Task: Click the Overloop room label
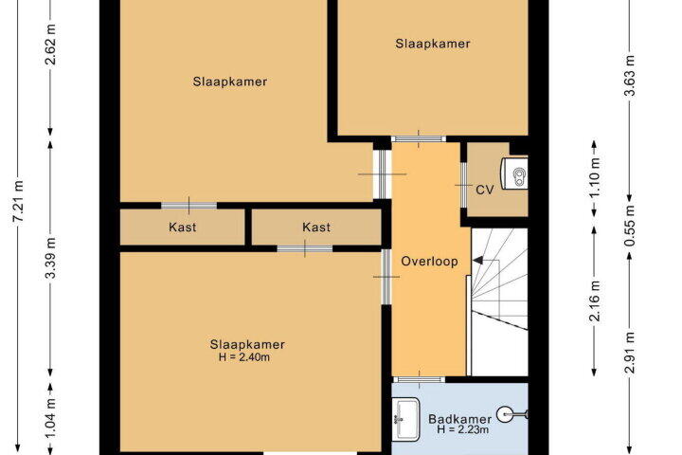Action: (x=429, y=262)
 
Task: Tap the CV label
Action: (x=485, y=190)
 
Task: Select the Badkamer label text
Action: (x=460, y=419)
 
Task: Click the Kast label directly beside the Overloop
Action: (x=316, y=227)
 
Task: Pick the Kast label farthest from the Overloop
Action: (x=183, y=227)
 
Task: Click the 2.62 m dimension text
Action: (x=51, y=44)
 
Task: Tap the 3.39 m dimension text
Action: (x=51, y=258)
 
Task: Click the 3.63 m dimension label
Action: (x=631, y=75)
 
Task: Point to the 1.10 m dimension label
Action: (x=595, y=176)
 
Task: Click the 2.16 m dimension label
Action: (x=595, y=300)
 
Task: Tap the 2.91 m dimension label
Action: (x=631, y=352)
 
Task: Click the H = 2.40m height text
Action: (x=244, y=357)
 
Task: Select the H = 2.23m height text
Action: (x=463, y=429)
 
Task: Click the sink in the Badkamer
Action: (x=405, y=419)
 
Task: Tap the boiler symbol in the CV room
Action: (x=514, y=173)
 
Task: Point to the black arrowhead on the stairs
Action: (x=477, y=261)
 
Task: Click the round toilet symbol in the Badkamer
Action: (x=506, y=414)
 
